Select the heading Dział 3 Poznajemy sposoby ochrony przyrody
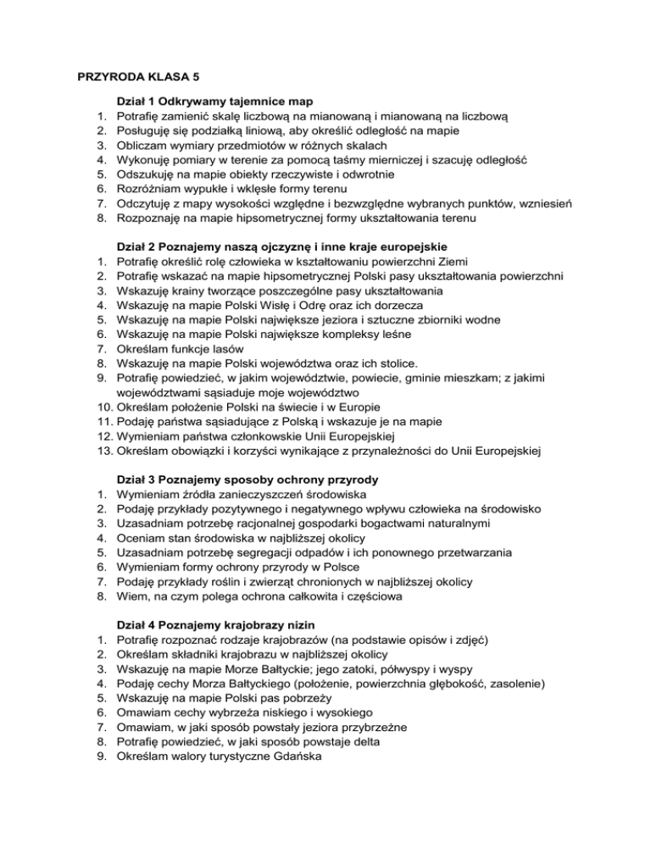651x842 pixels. point(248,479)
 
